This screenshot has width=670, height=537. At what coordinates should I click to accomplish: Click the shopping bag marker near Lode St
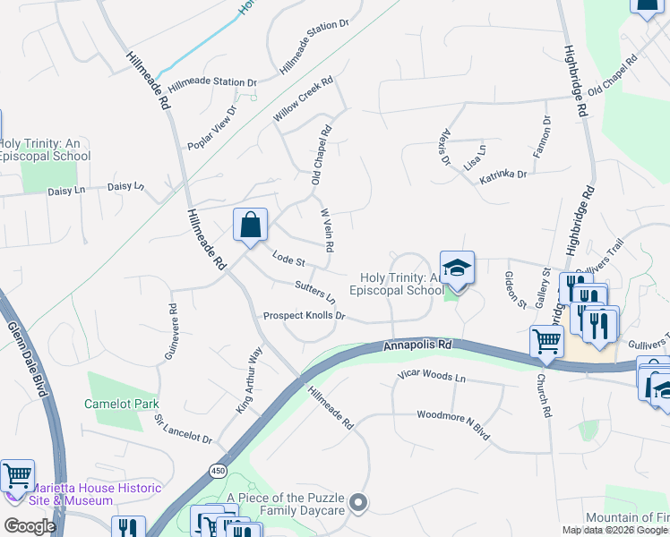251,224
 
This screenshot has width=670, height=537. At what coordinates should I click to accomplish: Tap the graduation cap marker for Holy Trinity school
457,268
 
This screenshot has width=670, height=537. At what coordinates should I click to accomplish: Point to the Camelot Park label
121,404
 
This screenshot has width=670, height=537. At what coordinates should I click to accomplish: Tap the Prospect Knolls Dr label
304,316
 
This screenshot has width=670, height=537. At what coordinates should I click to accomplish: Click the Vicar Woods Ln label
432,377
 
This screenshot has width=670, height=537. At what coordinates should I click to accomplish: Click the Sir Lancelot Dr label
182,429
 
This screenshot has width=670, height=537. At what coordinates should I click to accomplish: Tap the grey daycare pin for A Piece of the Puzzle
359,502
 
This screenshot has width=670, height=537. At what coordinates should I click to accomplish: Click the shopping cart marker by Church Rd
545,340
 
